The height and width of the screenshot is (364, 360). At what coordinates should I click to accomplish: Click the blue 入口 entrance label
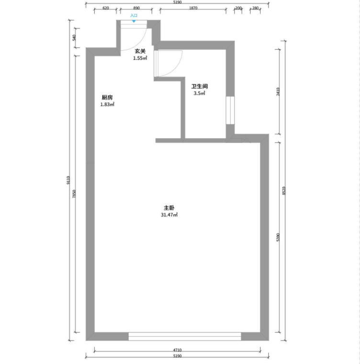tap(134, 15)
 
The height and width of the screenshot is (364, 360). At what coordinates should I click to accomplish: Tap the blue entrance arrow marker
tap(134, 21)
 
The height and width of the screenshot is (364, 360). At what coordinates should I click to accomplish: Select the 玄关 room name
tap(140, 51)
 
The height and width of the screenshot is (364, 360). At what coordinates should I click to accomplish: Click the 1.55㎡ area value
tap(140, 58)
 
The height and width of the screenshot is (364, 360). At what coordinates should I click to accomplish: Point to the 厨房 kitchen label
tap(107, 97)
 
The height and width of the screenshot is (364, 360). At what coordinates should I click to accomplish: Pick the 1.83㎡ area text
tap(107, 104)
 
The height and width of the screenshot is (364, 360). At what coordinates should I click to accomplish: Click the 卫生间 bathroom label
tap(200, 87)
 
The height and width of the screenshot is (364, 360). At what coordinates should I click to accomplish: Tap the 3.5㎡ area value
tap(200, 93)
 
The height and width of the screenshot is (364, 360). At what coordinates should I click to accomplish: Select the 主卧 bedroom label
tap(169, 208)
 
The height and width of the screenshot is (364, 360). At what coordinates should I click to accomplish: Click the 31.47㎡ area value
tap(169, 215)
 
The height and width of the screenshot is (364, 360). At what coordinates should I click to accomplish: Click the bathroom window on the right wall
tap(230, 110)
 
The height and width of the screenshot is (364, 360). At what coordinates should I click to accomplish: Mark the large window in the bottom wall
tap(185, 336)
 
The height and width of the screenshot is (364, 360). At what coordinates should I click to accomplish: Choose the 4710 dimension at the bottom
tap(177, 350)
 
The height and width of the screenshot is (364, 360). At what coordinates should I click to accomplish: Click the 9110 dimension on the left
tap(68, 180)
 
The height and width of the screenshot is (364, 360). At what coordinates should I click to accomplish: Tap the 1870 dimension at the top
tap(193, 8)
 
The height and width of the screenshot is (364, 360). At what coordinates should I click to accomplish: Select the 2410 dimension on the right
tap(278, 92)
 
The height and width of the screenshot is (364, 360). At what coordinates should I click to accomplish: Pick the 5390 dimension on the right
tap(278, 237)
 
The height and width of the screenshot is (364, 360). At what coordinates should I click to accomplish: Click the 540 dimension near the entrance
tap(74, 38)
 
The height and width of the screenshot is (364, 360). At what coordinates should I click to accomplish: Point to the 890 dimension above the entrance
tap(136, 8)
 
